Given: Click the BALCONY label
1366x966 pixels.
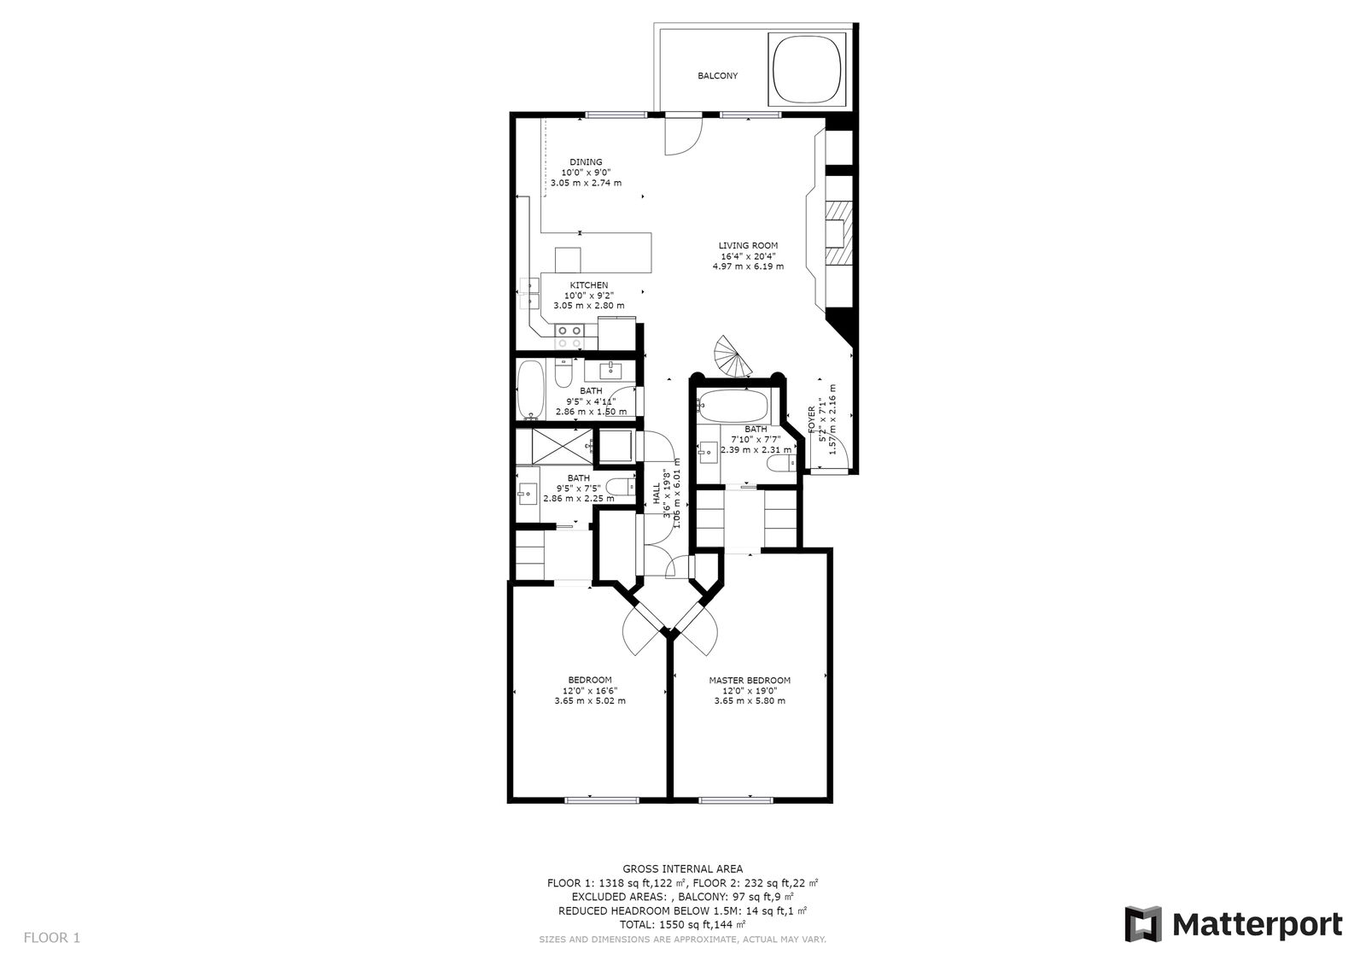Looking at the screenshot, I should coord(717,76).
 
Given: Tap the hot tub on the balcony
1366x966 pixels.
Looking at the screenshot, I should coord(807,67).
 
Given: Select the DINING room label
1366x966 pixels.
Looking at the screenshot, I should coord(586,162).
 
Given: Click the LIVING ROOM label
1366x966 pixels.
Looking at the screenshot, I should coord(748,246).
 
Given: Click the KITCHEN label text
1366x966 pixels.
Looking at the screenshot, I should coord(588,285).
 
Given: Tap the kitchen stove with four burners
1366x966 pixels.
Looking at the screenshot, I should coord(569,336).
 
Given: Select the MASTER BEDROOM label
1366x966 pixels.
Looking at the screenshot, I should coord(750,681).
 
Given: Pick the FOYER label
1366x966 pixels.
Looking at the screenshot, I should coord(812,422).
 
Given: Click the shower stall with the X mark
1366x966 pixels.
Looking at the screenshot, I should coord(555,446).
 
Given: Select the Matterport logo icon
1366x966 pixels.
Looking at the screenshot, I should coord(1142,924).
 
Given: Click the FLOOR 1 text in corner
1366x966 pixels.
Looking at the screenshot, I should coord(52,938).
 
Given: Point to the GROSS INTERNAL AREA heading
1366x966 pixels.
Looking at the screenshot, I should coord(682,869).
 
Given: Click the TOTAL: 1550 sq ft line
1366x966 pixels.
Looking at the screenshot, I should coord(682,925).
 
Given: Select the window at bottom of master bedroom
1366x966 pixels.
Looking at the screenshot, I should coord(737,800).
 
